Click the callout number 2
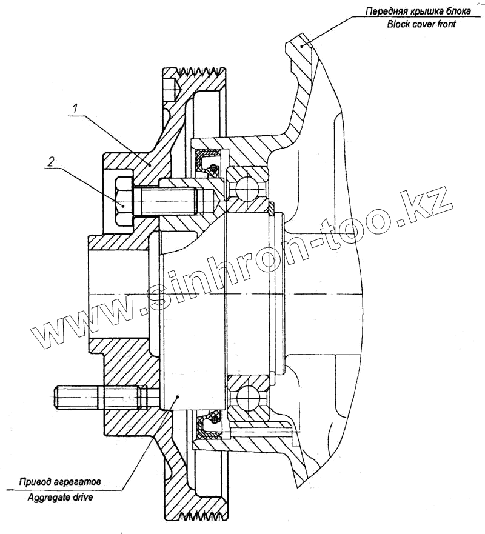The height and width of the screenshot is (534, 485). (52, 161)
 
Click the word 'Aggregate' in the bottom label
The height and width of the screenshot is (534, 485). (52, 497)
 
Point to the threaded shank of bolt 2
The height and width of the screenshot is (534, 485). (170, 200)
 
